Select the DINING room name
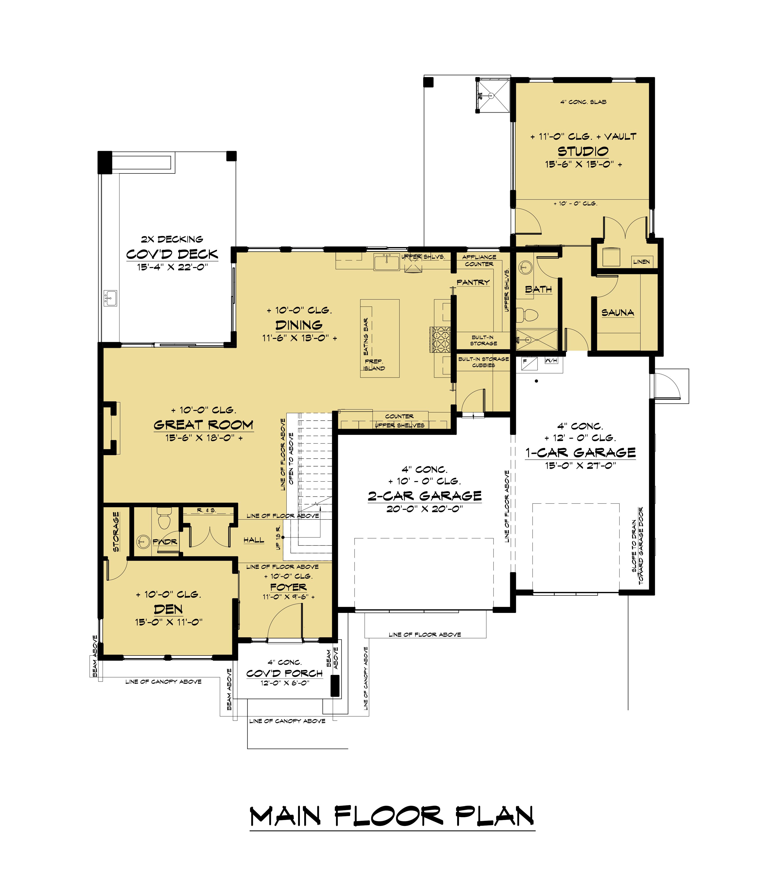click(x=299, y=325)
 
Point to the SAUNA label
click(x=618, y=312)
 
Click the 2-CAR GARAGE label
click(x=424, y=496)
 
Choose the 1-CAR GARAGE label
click(x=580, y=453)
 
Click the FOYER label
click(x=288, y=587)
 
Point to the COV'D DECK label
click(x=172, y=254)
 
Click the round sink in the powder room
click(x=143, y=542)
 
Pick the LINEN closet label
click(x=641, y=261)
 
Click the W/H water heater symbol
click(x=551, y=360)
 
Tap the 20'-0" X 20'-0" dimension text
click(x=424, y=509)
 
